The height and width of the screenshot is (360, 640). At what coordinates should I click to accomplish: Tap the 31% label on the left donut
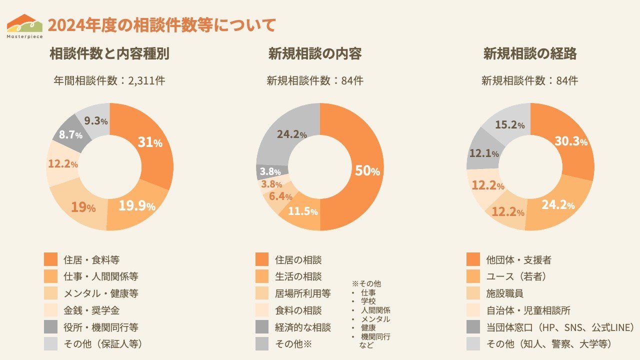150,142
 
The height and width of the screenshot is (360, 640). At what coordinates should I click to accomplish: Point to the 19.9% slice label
137,205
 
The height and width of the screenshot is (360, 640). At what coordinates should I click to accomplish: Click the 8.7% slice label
71,134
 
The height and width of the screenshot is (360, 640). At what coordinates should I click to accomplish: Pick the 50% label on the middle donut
367,171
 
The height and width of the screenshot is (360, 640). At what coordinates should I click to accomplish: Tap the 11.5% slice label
302,211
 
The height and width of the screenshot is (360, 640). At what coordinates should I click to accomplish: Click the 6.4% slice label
280,196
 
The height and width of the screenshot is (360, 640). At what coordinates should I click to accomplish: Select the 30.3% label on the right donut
570,141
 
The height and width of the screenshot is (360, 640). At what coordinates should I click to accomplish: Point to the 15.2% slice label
509,125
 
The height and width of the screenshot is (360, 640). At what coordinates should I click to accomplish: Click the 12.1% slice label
483,153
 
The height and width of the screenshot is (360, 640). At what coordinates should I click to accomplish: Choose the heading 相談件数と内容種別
109,54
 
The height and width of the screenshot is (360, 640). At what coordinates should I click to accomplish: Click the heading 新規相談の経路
529,54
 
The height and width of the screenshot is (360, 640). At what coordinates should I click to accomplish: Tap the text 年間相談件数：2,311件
109,80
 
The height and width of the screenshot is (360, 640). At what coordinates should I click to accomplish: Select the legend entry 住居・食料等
91,260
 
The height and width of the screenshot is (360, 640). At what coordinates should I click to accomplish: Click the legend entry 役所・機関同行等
100,327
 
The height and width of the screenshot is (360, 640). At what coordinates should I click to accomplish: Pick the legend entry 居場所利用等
302,293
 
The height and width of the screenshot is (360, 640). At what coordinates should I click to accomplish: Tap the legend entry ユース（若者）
515,276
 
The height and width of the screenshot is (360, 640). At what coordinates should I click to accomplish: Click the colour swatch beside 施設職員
473,293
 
